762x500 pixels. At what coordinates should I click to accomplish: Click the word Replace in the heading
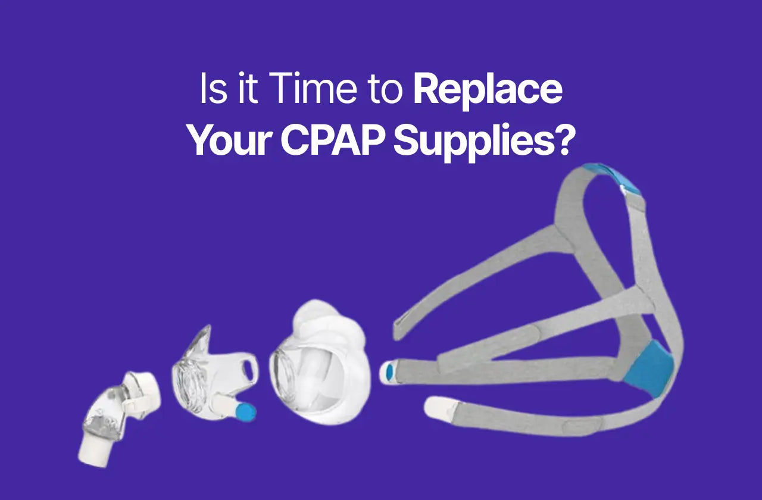point(488,90)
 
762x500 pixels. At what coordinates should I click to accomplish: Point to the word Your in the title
point(229,142)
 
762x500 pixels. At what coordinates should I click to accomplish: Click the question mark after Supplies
point(566,142)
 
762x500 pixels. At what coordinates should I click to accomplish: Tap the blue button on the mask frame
point(245,411)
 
